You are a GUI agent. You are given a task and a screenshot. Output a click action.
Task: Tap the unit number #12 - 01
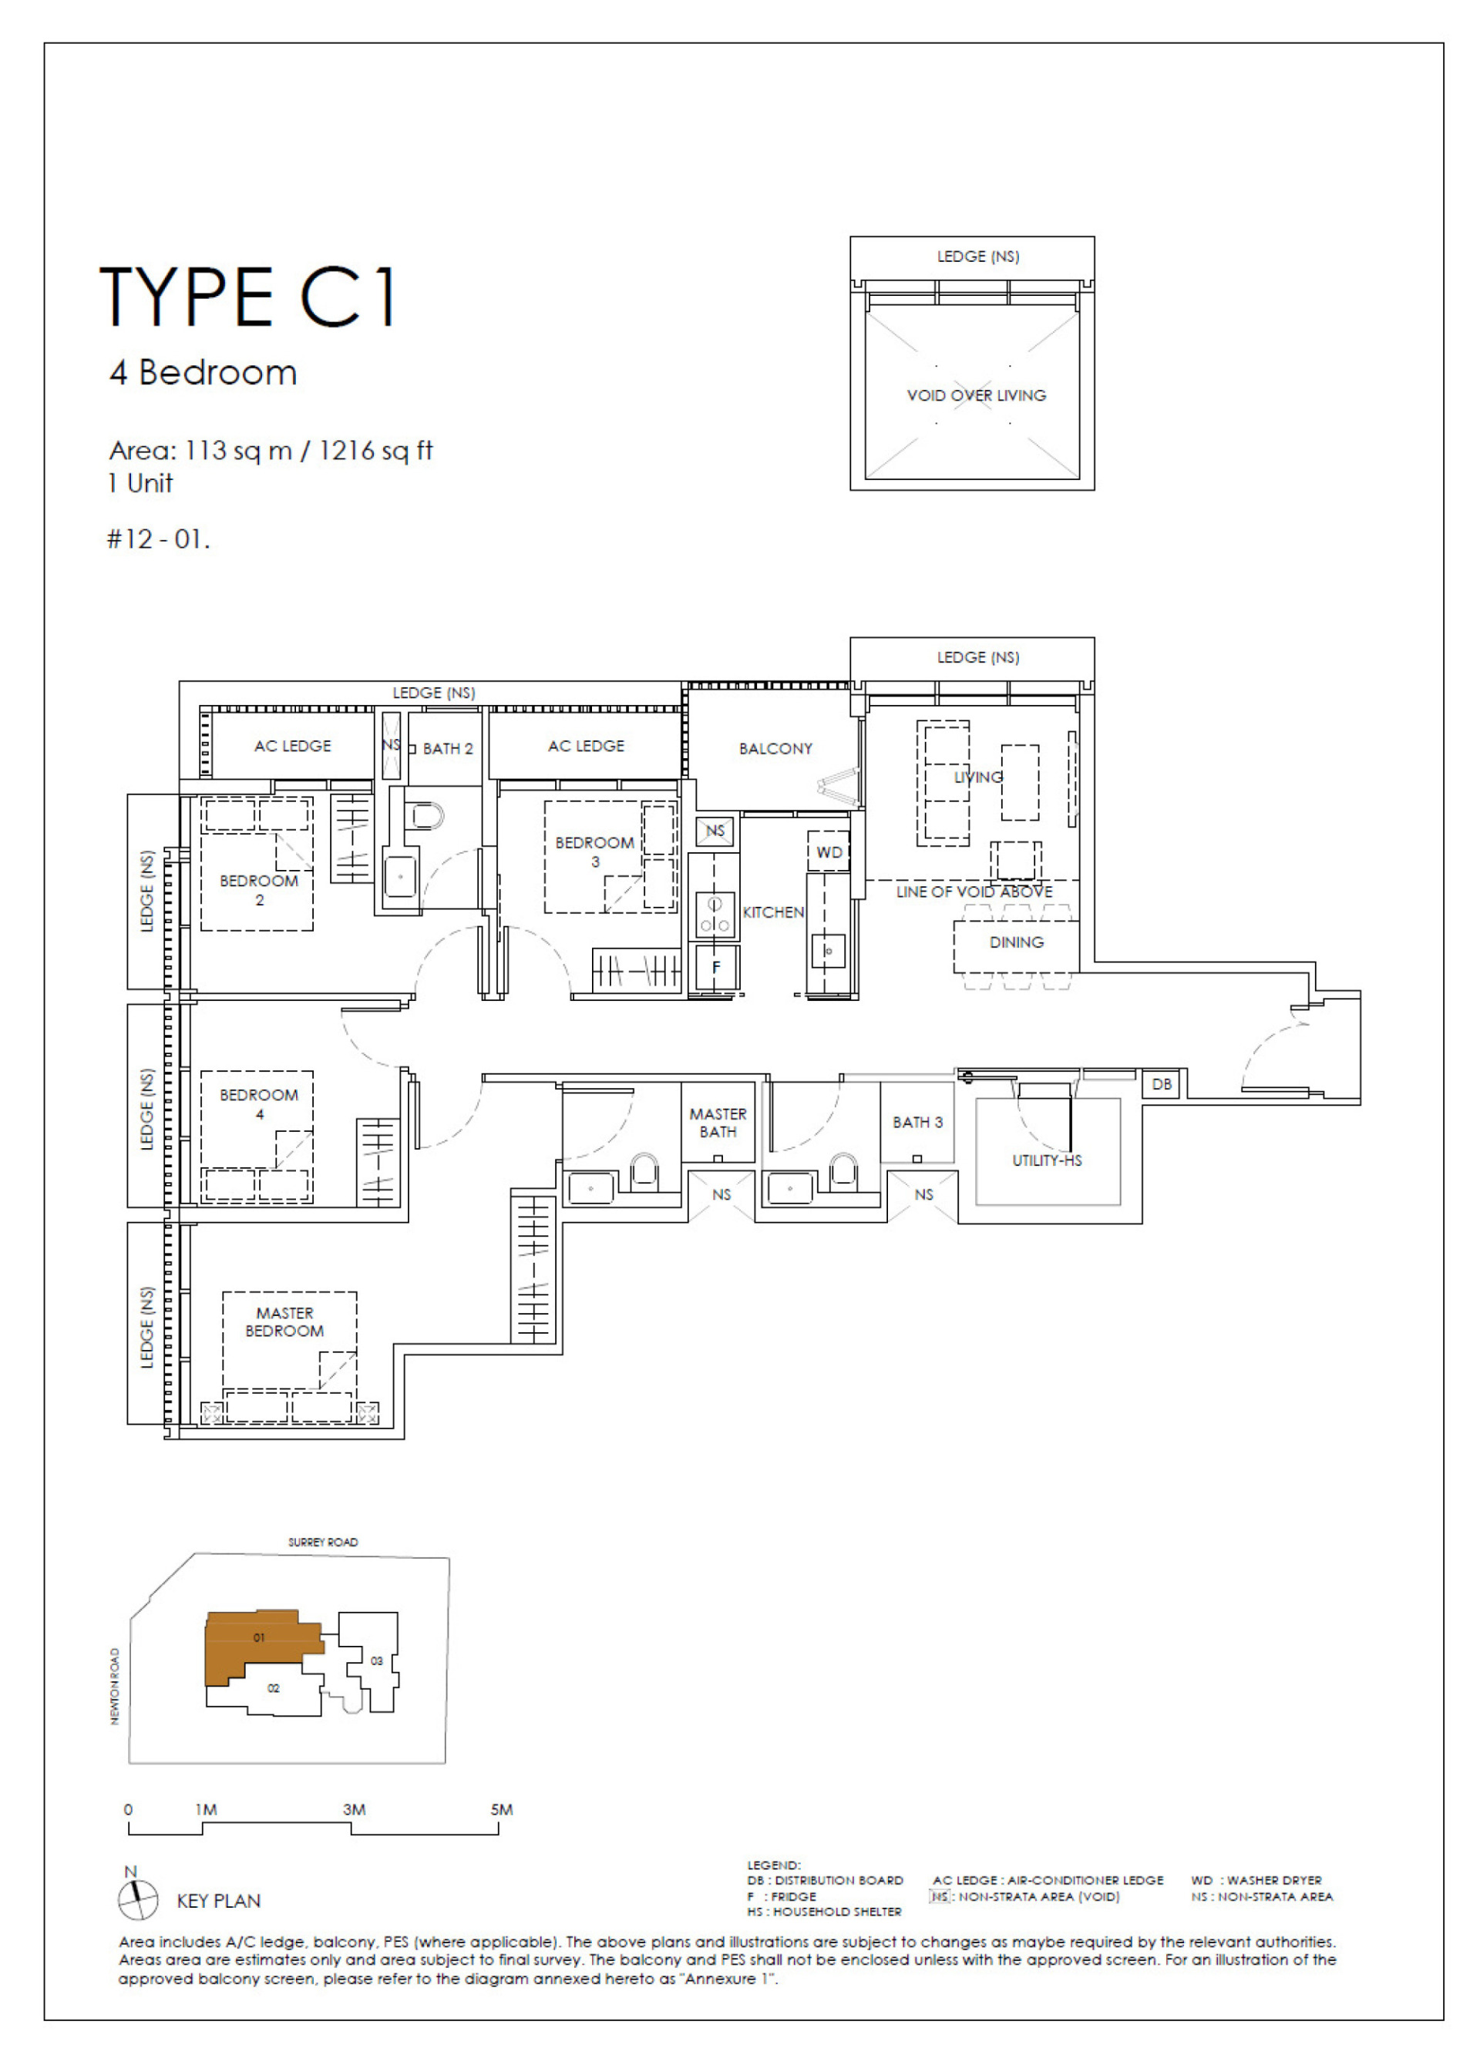coord(158,539)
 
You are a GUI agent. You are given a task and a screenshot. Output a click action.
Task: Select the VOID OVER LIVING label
coord(976,395)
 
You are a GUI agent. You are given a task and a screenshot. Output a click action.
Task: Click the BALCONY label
coord(775,748)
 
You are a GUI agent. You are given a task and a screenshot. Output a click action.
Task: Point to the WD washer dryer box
coord(829,851)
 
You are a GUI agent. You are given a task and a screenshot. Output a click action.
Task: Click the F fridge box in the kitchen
coord(715,967)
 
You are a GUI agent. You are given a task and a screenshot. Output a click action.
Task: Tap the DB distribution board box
coord(1161,1083)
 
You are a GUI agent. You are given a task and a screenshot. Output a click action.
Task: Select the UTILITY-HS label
coord(1047,1160)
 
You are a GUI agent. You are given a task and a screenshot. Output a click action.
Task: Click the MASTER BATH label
coord(718,1123)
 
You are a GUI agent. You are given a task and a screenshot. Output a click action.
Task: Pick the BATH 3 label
coord(917,1122)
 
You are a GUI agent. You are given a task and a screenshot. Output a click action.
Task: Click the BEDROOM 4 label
coord(258,1103)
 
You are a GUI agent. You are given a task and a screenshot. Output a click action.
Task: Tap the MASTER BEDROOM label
coord(284,1321)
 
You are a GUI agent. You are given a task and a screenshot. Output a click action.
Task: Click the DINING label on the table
coord(1016,942)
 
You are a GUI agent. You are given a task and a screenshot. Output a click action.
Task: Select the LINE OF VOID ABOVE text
coord(974,892)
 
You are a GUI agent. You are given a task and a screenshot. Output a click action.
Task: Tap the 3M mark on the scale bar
coord(354,1809)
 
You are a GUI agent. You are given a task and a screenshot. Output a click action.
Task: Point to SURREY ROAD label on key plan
coord(323,1541)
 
